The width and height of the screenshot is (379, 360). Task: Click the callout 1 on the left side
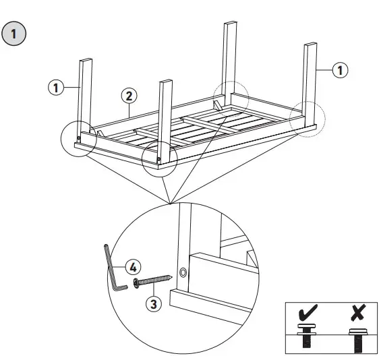[x=56, y=86]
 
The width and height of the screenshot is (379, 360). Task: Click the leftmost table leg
[x=84, y=98]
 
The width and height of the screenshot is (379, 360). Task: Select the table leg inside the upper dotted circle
[x=229, y=61]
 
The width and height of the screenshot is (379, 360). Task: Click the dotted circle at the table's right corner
[x=308, y=120]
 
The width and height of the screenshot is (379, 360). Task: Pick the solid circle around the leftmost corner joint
[x=79, y=139]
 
